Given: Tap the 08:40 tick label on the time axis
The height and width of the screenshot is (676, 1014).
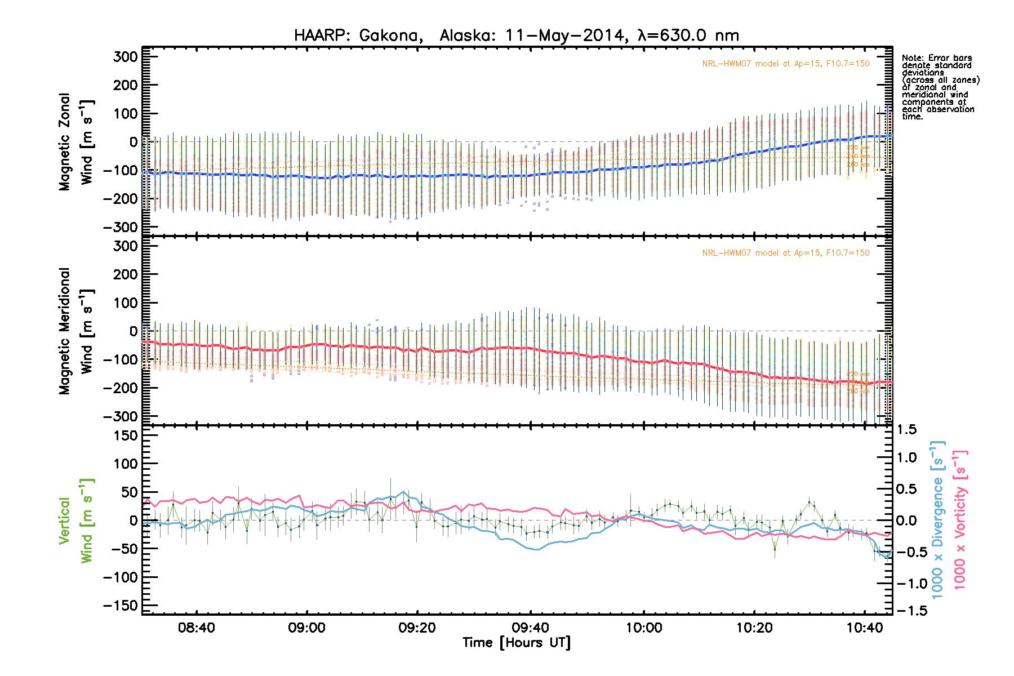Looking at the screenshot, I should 196,628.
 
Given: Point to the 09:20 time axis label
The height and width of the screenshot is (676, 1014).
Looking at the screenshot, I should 417,628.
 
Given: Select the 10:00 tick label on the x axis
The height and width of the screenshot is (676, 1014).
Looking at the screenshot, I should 644,628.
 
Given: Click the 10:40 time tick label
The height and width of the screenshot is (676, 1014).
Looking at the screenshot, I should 865,628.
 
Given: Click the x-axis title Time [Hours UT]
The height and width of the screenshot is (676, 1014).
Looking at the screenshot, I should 516,643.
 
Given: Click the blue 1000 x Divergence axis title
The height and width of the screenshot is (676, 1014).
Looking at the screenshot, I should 937,519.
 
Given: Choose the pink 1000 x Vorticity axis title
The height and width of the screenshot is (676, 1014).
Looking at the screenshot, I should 960,519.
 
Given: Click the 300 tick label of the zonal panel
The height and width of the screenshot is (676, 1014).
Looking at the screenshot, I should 125,57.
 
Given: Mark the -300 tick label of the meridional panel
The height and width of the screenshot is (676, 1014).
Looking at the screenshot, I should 121,416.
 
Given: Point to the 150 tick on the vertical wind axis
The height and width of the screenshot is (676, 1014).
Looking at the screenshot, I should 125,435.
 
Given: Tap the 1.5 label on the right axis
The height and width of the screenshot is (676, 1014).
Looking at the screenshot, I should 906,430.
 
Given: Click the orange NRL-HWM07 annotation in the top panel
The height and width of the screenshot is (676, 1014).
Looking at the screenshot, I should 785,64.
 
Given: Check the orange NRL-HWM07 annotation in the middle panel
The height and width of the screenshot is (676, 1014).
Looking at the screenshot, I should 785,253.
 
